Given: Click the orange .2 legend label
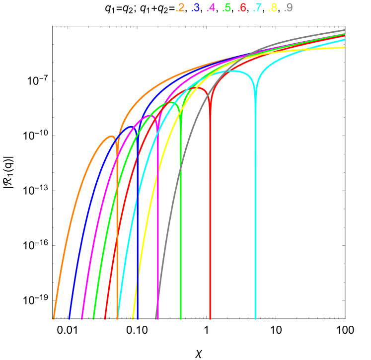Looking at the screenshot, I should pyautogui.click(x=180, y=7).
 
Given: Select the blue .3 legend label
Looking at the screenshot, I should pyautogui.click(x=196, y=7).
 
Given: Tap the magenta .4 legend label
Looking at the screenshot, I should pyautogui.click(x=211, y=7).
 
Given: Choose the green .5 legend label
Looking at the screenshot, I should pyautogui.click(x=226, y=7).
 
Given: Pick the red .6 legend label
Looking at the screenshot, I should pyautogui.click(x=242, y=7).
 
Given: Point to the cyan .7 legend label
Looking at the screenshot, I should pyautogui.click(x=257, y=7).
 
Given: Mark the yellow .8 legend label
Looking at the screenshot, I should pyautogui.click(x=273, y=7).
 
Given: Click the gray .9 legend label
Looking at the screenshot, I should pyautogui.click(x=288, y=7).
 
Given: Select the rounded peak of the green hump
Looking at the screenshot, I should pyautogui.click(x=172, y=103).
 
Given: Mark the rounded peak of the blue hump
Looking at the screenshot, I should pyautogui.click(x=132, y=127).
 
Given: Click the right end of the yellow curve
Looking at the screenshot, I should pyautogui.click(x=344, y=48).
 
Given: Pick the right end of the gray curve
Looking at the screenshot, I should pyautogui.click(x=344, y=30).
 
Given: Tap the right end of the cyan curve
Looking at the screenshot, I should pyautogui.click(x=344, y=40).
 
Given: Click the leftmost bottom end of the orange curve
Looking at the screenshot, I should pyautogui.click(x=54, y=318).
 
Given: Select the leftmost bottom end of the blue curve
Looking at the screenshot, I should pyautogui.click(x=69, y=318).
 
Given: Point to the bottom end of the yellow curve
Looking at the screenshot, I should pyautogui.click(x=133, y=318).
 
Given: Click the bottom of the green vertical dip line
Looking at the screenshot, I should pyautogui.click(x=180, y=318).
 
